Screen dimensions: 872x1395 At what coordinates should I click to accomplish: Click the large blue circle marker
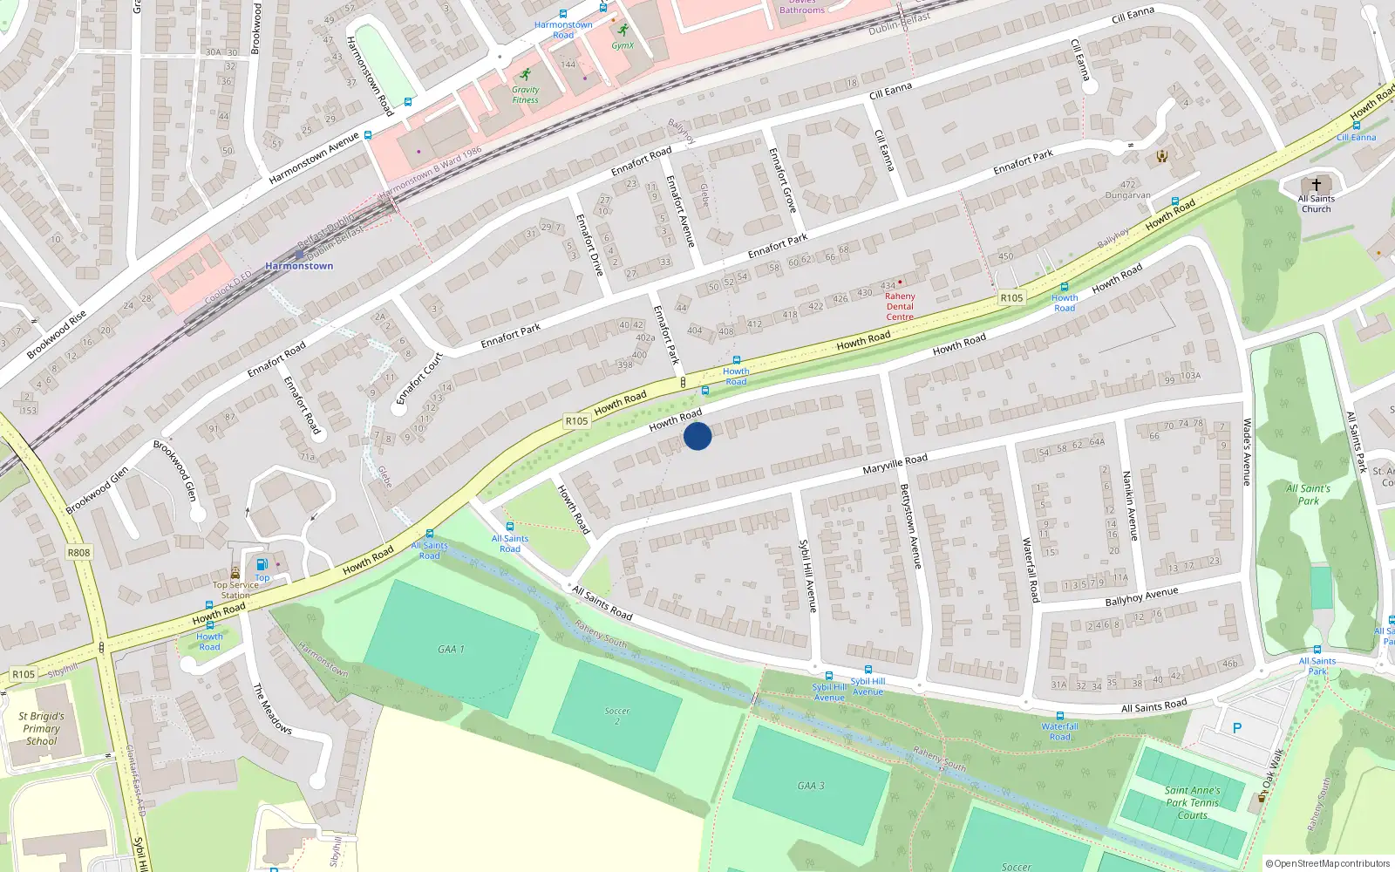tap(697, 435)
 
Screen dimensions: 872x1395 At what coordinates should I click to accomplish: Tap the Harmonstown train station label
tap(299, 266)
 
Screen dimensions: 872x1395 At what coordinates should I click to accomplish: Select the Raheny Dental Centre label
tap(900, 306)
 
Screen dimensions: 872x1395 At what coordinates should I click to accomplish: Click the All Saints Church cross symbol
tap(1316, 185)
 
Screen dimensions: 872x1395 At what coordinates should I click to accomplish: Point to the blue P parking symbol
tap(1236, 728)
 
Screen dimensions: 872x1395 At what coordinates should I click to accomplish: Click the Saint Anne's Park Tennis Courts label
tap(1192, 802)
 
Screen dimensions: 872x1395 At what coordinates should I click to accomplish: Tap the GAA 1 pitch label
tap(451, 649)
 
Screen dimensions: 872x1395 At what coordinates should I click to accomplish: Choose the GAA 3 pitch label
tap(810, 786)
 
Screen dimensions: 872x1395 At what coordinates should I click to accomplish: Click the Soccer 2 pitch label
tap(616, 716)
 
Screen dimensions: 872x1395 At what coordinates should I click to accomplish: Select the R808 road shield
tap(78, 552)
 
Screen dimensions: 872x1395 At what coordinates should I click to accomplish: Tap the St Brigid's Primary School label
tap(41, 729)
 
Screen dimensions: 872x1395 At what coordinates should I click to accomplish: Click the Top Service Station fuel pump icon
tap(262, 564)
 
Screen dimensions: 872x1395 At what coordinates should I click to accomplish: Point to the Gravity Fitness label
tap(525, 94)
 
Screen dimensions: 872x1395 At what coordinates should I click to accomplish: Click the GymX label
tap(623, 45)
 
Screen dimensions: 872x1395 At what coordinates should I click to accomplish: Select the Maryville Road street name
tap(895, 464)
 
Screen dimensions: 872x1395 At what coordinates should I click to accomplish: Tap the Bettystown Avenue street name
tap(910, 527)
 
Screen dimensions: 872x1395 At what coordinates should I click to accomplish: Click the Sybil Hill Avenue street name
tap(808, 576)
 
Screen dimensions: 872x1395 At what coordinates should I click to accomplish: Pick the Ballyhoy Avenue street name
tap(1141, 596)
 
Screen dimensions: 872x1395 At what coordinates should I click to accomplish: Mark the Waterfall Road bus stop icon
tap(1059, 716)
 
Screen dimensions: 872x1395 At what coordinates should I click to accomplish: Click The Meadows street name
tap(272, 708)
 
